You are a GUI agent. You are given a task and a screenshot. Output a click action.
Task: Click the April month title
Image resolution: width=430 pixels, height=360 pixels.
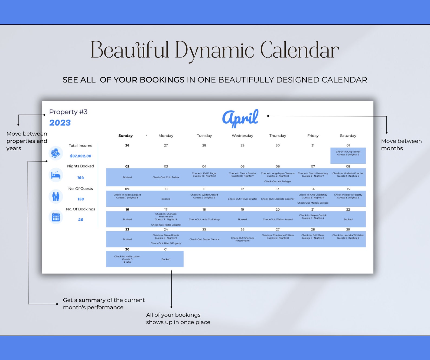coord(240,118)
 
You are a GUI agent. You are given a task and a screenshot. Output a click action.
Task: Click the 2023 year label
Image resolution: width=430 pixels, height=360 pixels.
coord(60,123)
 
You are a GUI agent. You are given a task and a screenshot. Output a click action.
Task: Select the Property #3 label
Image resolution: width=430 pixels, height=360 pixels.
coord(68,112)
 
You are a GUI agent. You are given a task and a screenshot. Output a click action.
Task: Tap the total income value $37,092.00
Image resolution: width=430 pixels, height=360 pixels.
coord(80,156)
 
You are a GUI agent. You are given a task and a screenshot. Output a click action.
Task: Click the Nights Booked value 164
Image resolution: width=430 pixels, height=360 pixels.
coord(80,178)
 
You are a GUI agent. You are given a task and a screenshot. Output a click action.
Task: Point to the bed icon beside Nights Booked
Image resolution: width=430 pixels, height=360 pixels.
coord(56,175)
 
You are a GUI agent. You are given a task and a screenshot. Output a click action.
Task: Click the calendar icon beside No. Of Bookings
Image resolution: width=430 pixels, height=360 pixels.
coord(56,217)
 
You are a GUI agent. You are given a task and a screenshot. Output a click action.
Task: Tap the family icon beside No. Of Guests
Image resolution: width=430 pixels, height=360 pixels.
coord(56,196)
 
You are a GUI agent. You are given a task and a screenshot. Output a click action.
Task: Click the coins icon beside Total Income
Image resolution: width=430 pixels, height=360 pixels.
coord(56,153)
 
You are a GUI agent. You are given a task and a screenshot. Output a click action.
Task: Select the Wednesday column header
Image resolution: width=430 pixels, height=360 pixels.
coord(242,136)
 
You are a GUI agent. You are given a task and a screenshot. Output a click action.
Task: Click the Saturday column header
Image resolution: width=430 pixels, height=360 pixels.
coord(348,136)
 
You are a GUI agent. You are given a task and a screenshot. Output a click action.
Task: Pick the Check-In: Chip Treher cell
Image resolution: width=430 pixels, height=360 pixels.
coord(348,153)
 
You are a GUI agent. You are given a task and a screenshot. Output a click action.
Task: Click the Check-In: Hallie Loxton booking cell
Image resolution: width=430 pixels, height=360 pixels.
coord(127,259)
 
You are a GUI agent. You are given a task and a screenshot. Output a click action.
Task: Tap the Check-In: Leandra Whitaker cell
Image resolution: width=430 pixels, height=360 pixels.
coord(348,237)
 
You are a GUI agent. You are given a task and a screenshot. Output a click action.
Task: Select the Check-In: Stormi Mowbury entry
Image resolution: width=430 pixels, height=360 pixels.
coord(313,175)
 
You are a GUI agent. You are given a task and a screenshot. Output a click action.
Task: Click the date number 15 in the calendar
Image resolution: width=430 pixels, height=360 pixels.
coord(348,189)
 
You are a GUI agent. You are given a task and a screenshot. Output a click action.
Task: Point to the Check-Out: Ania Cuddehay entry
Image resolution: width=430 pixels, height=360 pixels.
coord(204,219)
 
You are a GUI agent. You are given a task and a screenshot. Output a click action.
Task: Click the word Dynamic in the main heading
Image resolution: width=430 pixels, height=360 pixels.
coord(214,50)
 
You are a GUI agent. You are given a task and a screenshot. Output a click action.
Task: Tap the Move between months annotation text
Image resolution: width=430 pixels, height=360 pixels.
coord(401,145)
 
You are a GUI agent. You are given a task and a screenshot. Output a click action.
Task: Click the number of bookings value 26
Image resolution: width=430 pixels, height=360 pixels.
coord(80,220)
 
